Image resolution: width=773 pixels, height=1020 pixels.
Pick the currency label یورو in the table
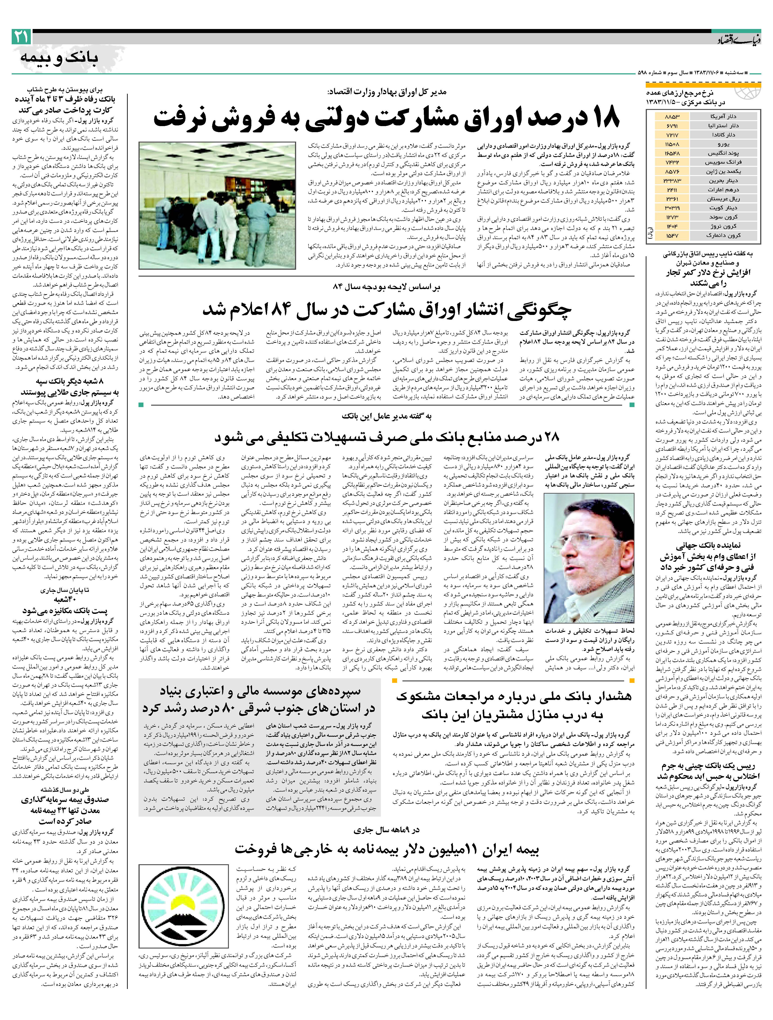tap(724, 144)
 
